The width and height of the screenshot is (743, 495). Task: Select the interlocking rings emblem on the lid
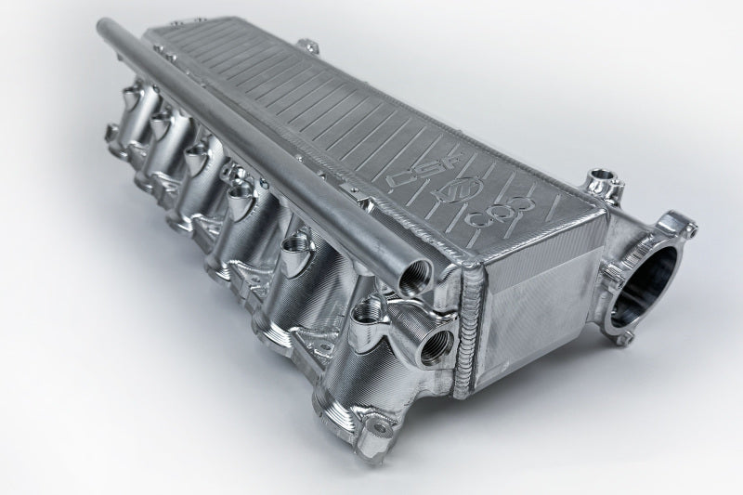506,215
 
